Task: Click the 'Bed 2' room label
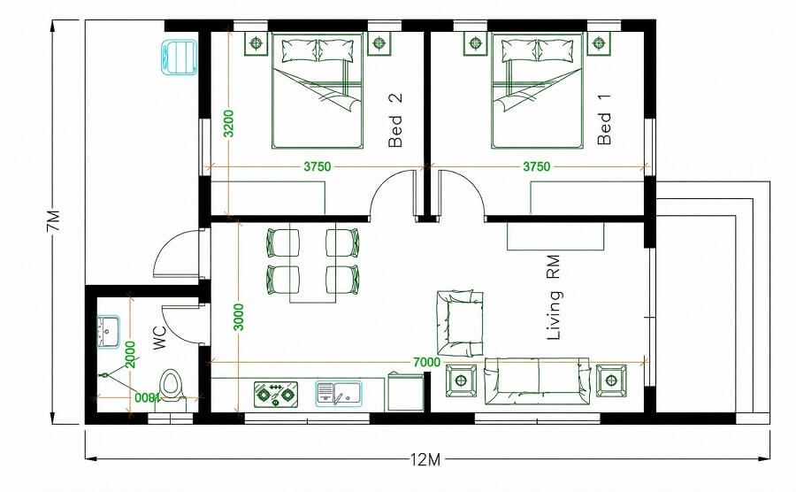tap(395, 119)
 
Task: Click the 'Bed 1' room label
tap(604, 119)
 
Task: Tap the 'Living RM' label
tap(554, 297)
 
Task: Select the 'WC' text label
tap(159, 338)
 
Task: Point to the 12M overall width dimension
tap(425, 460)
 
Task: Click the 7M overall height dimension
tap(54, 220)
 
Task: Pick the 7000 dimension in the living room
tap(426, 362)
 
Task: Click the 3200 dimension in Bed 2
tap(229, 123)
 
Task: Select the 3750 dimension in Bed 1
tap(537, 166)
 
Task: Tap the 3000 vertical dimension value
tap(239, 317)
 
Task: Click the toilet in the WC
tap(171, 387)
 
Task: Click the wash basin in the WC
tap(108, 332)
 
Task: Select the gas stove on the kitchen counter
tap(276, 394)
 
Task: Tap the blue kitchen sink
tap(339, 393)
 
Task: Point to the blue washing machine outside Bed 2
tap(180, 58)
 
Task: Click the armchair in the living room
tap(459, 324)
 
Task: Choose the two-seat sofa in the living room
tap(537, 381)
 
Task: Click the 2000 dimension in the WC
tap(131, 355)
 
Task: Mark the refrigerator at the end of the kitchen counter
tap(406, 391)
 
